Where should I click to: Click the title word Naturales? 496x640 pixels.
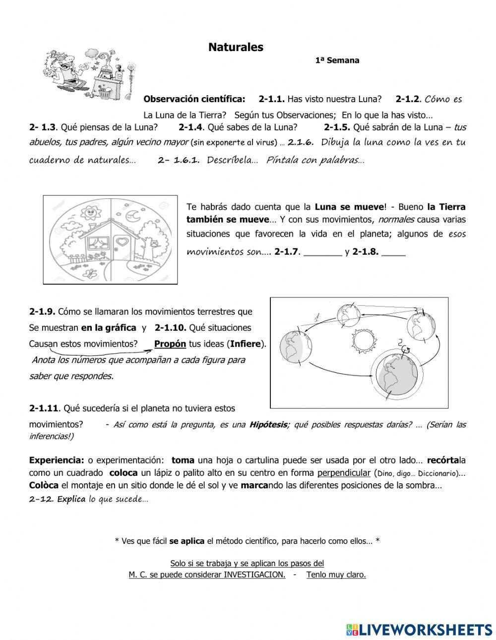point(236,48)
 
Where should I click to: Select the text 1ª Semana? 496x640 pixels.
point(337,60)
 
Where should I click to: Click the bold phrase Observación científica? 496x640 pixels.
point(194,99)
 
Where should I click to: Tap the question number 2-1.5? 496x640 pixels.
point(337,127)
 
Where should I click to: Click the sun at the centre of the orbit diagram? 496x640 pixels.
point(364,341)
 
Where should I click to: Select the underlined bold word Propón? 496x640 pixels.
point(170,344)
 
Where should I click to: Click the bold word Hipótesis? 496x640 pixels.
point(268,424)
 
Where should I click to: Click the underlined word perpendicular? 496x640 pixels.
point(344,472)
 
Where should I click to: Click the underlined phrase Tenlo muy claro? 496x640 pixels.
point(336,575)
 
